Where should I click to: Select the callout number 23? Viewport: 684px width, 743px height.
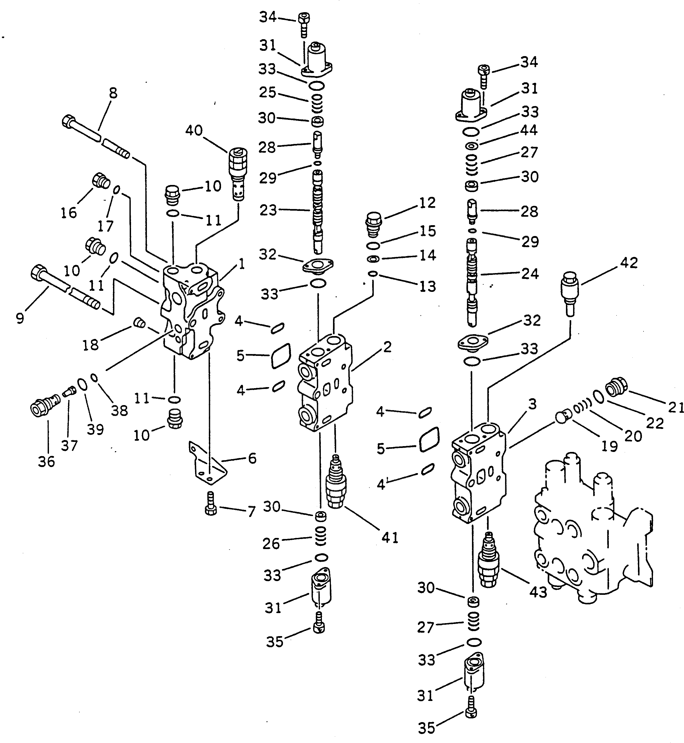coord(268,210)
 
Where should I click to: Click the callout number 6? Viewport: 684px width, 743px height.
coord(252,459)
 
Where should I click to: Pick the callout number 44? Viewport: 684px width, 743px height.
coord(529,130)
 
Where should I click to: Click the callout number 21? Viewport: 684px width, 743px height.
coord(676,407)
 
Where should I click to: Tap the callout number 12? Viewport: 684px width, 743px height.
coord(427,203)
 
